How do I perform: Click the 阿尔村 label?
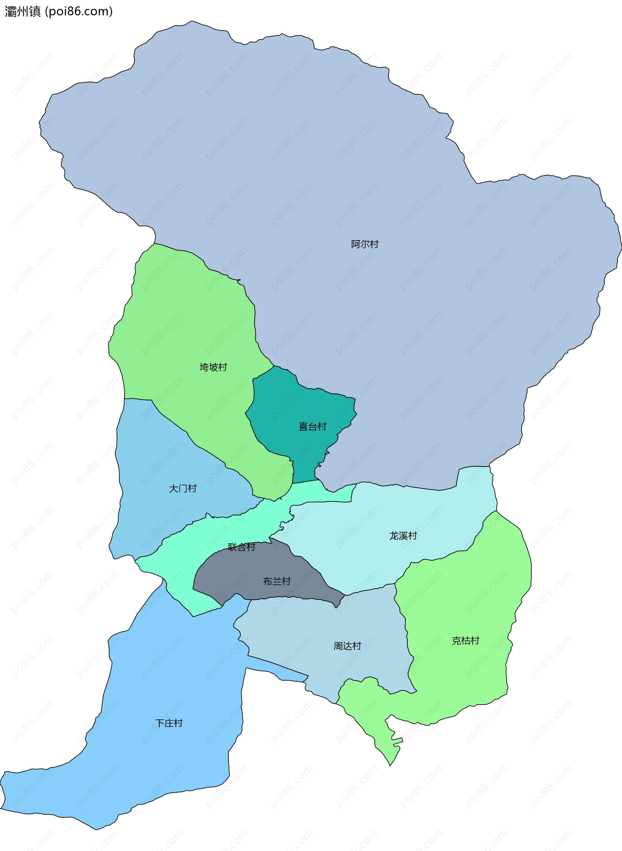364,244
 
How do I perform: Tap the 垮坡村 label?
213,367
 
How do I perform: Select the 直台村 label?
312,427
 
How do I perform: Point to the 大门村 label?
183,489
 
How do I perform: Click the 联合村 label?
241,547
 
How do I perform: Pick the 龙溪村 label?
403,536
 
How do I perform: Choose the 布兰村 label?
277,581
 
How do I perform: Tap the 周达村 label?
347,646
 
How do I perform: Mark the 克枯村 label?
466,641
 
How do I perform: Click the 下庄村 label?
169,723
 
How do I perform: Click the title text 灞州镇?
23,12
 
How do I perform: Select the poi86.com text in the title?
79,12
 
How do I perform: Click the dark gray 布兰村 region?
241,572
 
